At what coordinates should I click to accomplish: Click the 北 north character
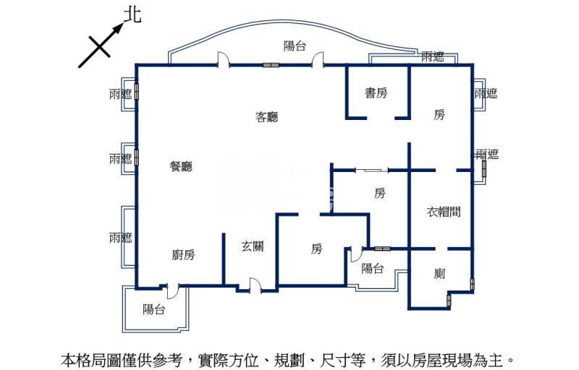(x=132, y=15)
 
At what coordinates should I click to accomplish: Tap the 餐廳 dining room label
(x=181, y=167)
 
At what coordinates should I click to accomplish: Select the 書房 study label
(x=376, y=92)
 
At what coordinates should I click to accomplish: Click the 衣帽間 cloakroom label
(x=444, y=212)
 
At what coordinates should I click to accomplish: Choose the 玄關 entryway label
(x=253, y=246)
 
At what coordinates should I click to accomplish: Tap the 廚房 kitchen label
(x=184, y=254)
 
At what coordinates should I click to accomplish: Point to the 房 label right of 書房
(x=439, y=114)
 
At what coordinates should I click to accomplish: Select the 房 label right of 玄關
(x=316, y=249)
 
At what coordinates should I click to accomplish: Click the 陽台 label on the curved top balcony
(x=295, y=46)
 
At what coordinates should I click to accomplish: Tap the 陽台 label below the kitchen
(x=154, y=309)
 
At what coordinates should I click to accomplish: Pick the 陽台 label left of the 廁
(x=373, y=269)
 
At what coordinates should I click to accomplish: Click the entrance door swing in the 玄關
(x=254, y=285)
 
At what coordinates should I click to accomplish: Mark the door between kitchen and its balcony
(x=172, y=289)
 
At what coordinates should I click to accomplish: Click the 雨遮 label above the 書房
(x=433, y=56)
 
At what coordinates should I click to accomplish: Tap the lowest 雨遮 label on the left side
(x=120, y=237)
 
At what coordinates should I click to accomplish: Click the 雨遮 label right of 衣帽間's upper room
(x=487, y=154)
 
